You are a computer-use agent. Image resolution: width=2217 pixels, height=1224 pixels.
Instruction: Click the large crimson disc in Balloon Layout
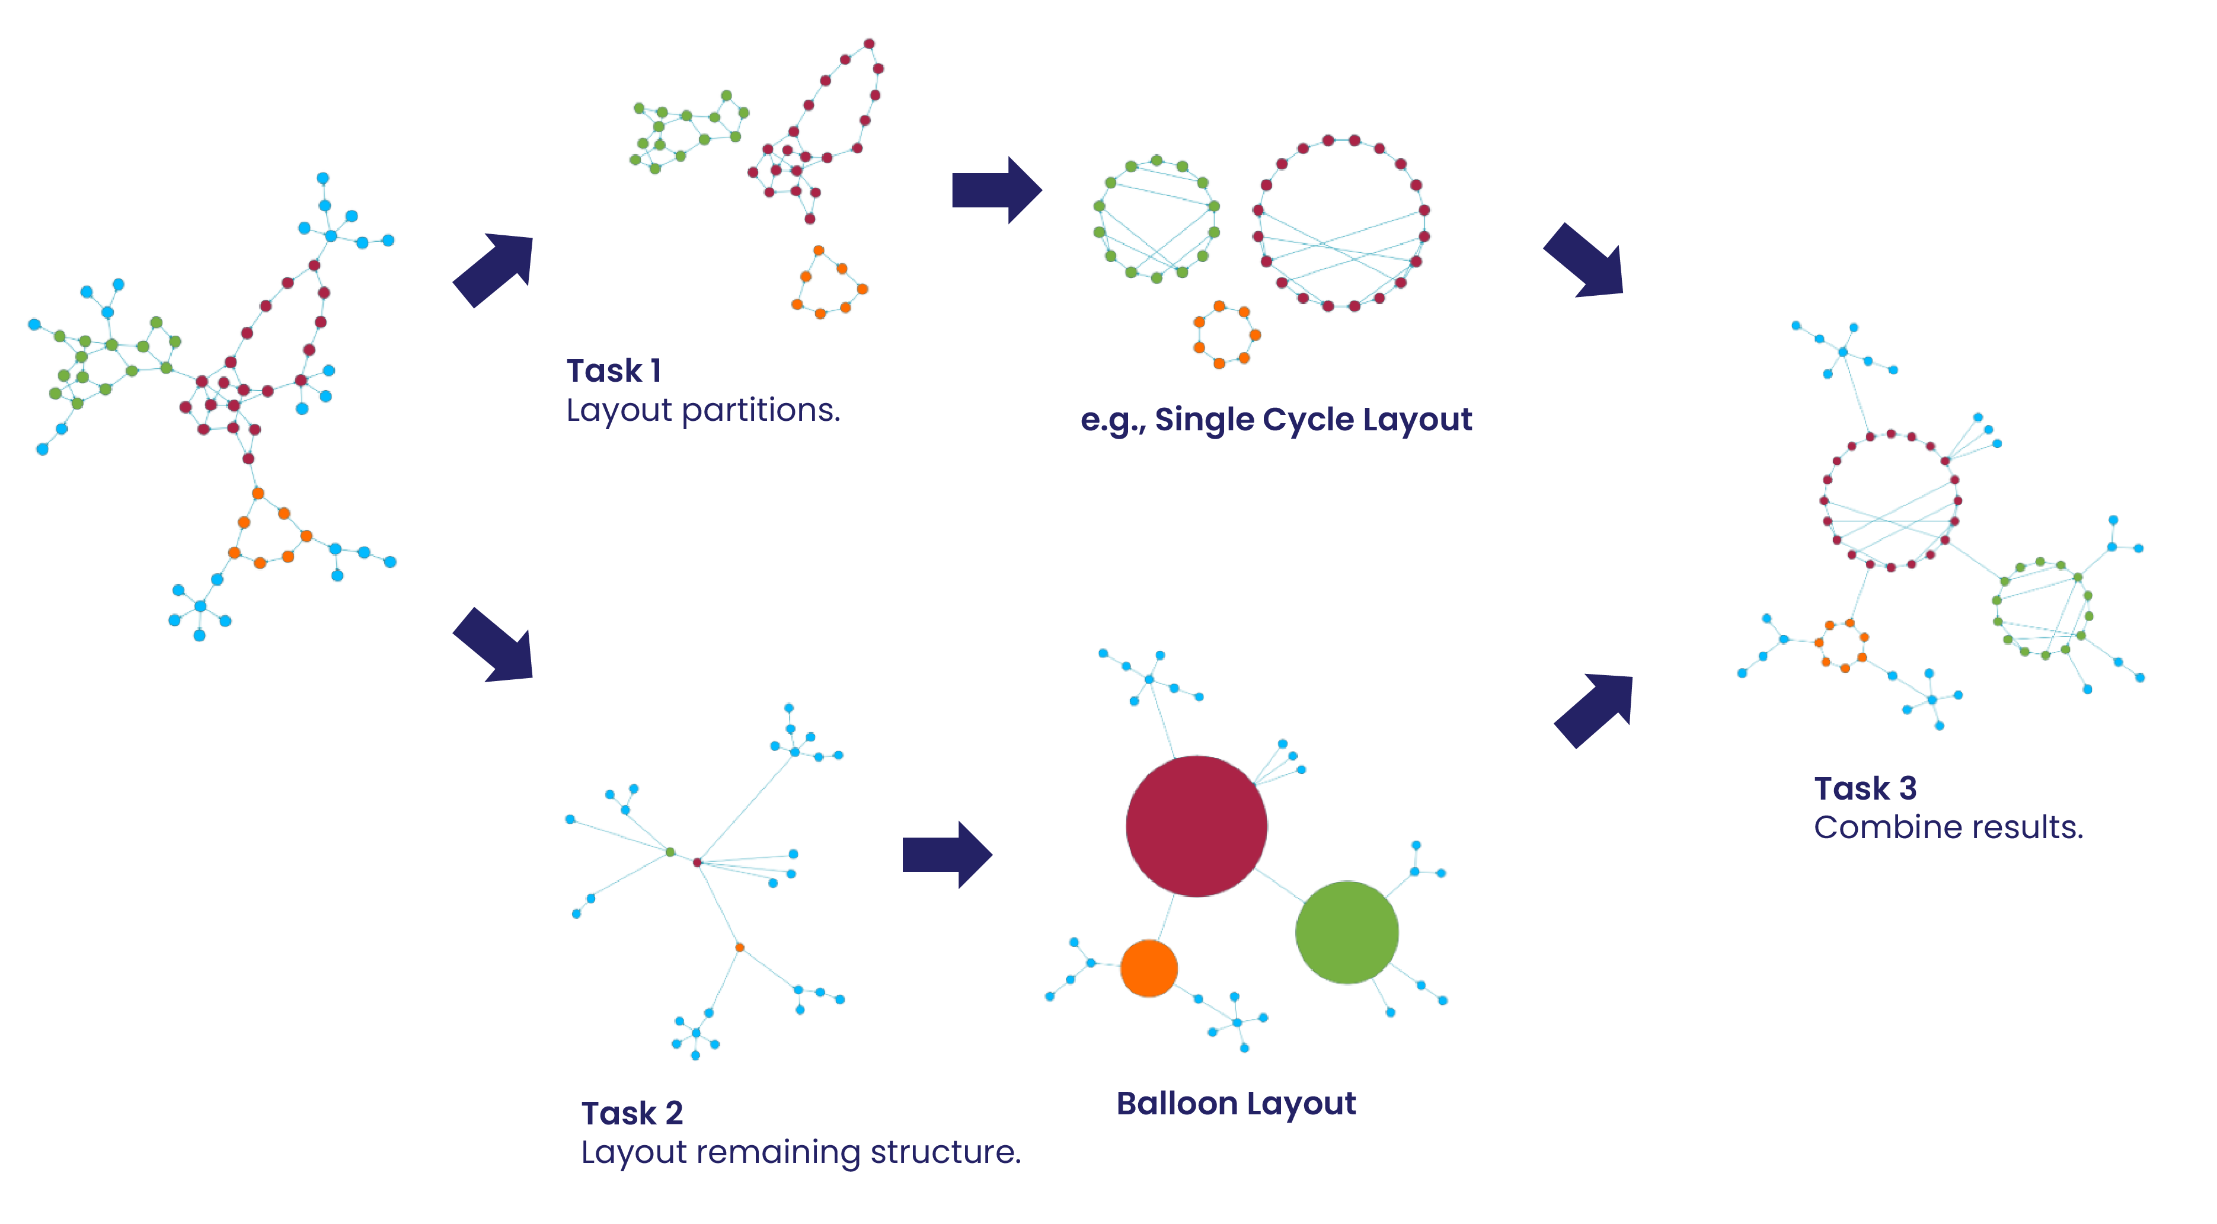point(1196,826)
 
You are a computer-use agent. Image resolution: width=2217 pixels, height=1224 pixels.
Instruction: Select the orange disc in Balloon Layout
point(1149,969)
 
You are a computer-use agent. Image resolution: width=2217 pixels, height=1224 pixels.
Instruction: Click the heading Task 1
point(614,371)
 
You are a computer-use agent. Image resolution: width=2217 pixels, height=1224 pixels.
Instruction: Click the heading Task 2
point(632,1113)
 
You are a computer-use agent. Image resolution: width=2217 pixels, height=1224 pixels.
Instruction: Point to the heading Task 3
point(1865,788)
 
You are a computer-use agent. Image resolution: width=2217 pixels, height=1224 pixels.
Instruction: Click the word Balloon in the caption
point(1177,1104)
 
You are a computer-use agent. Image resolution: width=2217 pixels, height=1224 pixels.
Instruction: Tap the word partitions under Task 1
point(760,411)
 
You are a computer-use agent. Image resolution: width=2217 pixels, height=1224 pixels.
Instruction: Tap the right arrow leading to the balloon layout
point(947,854)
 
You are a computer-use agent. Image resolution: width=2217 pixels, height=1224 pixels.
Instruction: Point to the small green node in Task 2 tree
point(670,852)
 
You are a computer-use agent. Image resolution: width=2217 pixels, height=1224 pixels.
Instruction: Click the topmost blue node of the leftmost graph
point(322,178)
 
